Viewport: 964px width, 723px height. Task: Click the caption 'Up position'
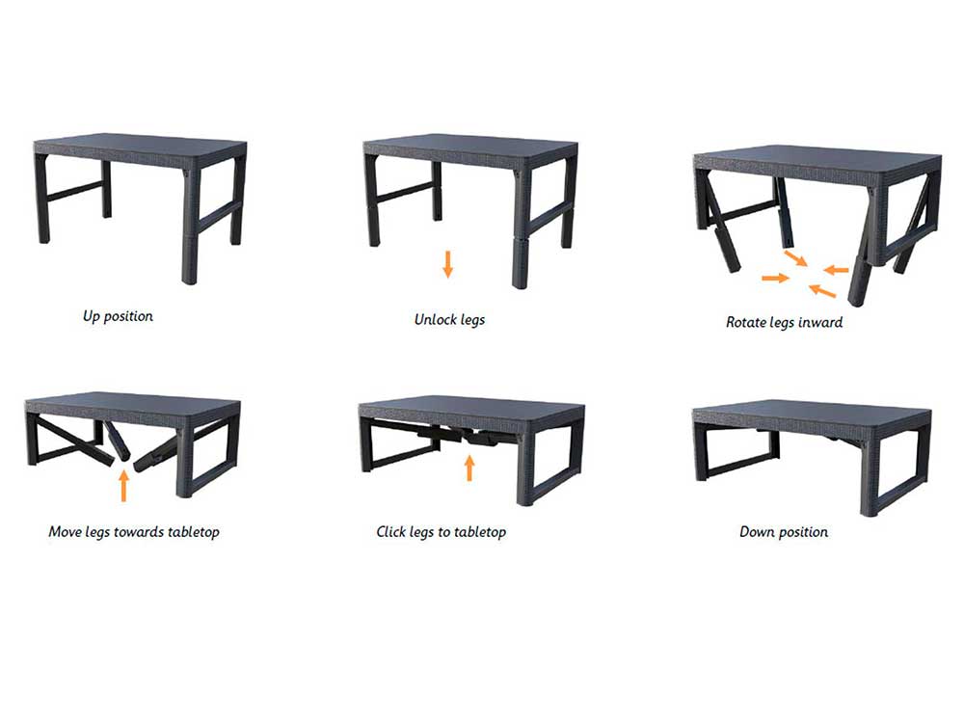118,316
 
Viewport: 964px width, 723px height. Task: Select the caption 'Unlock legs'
449,320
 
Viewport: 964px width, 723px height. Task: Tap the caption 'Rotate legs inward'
784,322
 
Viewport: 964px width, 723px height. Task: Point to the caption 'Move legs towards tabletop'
134,532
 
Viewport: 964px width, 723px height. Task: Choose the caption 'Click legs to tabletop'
441,532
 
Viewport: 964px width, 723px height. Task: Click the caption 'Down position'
783,532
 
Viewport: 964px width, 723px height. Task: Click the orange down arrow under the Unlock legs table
448,264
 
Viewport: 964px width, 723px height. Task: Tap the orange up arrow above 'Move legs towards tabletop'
124,486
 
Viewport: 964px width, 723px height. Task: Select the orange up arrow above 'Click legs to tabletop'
469,468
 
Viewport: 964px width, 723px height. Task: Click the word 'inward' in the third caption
820,322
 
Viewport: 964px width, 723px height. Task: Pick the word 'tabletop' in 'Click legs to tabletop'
480,532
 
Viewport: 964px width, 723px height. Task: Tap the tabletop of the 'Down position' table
812,411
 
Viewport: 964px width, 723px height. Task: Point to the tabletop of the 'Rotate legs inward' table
817,159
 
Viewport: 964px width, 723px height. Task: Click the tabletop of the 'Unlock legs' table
471,147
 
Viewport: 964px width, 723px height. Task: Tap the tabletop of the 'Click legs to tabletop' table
472,408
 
